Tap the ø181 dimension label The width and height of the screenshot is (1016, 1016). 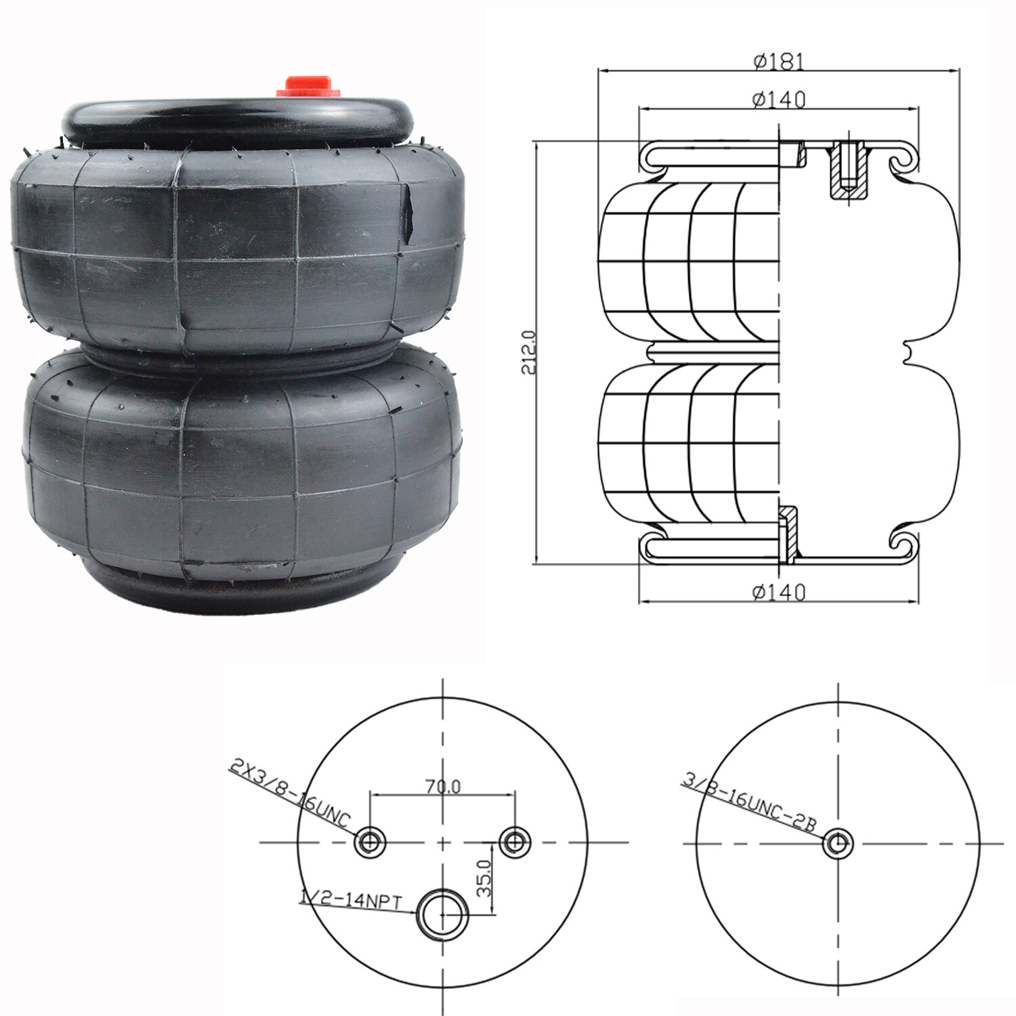(x=778, y=62)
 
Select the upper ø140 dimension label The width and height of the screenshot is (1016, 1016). (x=778, y=100)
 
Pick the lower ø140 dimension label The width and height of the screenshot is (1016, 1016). (x=778, y=593)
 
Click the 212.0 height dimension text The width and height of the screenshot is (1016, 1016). (x=528, y=352)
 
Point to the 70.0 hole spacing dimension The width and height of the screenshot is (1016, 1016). (x=442, y=786)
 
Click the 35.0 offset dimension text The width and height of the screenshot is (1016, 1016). (x=483, y=879)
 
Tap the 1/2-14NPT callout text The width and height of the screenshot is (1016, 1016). (x=351, y=900)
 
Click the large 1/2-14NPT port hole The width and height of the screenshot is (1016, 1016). (x=442, y=915)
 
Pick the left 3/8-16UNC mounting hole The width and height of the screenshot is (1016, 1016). (x=370, y=843)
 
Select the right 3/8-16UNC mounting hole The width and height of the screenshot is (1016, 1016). (x=515, y=843)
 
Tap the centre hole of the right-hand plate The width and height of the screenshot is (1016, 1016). (x=838, y=843)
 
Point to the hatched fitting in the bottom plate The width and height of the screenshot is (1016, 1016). (x=788, y=535)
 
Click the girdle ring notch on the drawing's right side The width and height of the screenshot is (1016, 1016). (x=909, y=354)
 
